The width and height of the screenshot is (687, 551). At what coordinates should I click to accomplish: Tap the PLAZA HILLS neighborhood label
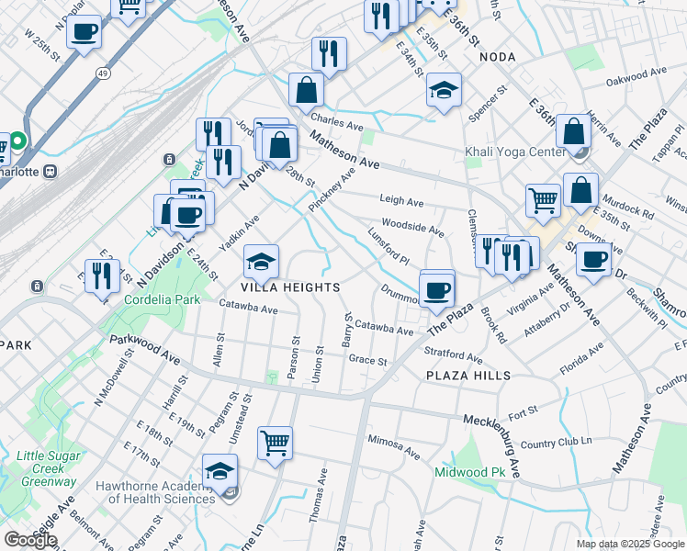[467, 376]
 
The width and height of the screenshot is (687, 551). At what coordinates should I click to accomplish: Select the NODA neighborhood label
[497, 57]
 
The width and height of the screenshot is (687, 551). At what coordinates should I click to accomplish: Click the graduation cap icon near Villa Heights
[261, 263]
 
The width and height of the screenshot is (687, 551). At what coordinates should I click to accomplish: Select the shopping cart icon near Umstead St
[275, 444]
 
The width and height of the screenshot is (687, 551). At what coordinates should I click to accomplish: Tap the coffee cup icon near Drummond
[437, 288]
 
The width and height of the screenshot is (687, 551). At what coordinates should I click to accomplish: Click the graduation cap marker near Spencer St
[444, 91]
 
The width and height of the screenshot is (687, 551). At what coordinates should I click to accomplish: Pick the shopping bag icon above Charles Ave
[306, 90]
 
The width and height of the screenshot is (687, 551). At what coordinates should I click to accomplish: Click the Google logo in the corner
[30, 540]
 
